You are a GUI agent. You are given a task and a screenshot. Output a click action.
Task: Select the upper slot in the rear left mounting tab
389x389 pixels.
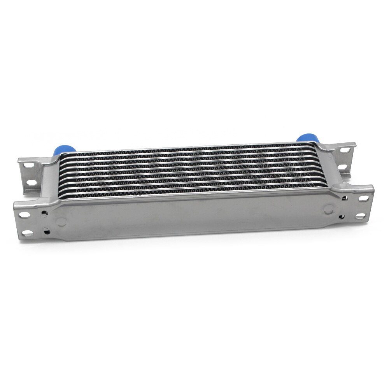click(28, 166)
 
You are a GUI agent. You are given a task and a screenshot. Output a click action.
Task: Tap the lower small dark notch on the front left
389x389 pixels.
click(47, 232)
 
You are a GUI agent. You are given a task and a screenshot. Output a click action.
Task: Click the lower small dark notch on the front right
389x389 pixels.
click(342, 216)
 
